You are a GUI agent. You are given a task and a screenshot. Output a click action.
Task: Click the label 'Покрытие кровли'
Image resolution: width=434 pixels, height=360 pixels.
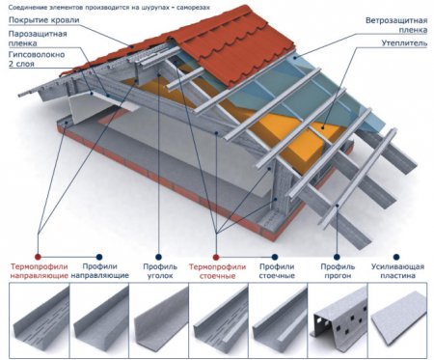tap(44, 20)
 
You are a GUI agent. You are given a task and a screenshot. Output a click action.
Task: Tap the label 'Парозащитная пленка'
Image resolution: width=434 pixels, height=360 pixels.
tap(38, 39)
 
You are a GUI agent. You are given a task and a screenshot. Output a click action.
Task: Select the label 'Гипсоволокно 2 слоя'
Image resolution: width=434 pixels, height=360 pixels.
tap(37, 59)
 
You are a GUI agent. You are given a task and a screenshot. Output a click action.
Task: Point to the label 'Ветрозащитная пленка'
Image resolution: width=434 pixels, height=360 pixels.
tap(396, 25)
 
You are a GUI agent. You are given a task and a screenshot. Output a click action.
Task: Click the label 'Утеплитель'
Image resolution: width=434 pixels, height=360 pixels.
tap(404, 43)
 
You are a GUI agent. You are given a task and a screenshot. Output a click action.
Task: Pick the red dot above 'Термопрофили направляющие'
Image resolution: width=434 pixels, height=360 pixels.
tap(38, 257)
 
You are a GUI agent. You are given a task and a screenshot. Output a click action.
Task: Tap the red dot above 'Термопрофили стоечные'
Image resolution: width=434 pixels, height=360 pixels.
tap(216, 257)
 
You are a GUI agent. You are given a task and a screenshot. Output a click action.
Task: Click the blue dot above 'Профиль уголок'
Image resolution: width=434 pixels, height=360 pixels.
tap(158, 257)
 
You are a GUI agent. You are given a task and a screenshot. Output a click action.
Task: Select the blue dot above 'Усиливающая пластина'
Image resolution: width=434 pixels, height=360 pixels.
tap(396, 257)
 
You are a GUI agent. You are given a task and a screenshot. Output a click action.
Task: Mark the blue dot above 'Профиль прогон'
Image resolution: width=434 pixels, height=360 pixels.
tap(337, 257)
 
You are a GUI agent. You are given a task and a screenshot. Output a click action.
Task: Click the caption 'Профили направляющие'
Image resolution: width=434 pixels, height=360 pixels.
tap(99, 271)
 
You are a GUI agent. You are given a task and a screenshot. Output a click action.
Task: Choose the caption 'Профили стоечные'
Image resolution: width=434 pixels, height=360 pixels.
tap(277, 271)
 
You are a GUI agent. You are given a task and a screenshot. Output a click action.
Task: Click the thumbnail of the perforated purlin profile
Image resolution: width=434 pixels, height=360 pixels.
tap(338, 320)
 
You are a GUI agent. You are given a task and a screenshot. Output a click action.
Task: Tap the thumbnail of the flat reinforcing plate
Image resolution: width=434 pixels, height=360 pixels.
tap(398, 319)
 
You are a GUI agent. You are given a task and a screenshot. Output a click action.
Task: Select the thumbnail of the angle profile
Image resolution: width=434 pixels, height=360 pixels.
tap(159, 320)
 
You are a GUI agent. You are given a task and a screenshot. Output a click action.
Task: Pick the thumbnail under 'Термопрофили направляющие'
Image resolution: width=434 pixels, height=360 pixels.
tap(40, 320)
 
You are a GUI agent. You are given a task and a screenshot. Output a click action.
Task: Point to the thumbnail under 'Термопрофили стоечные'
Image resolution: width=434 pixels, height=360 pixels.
tap(220, 320)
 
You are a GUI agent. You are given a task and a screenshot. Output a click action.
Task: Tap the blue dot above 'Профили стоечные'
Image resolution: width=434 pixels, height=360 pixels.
tap(275, 257)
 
